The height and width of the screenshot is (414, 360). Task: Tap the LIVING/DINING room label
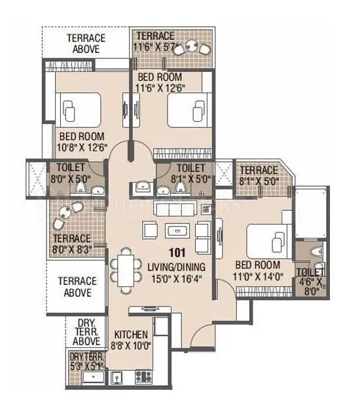click(x=177, y=267)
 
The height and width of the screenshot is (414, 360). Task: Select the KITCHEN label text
click(x=131, y=335)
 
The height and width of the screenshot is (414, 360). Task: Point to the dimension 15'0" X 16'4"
click(x=176, y=278)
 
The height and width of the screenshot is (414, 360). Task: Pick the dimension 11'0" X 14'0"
click(x=258, y=276)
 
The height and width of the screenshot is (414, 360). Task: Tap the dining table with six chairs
click(x=125, y=269)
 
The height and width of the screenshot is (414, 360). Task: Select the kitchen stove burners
click(x=143, y=376)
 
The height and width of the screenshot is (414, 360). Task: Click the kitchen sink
click(x=116, y=377)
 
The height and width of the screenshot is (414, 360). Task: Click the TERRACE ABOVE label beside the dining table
click(x=77, y=286)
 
